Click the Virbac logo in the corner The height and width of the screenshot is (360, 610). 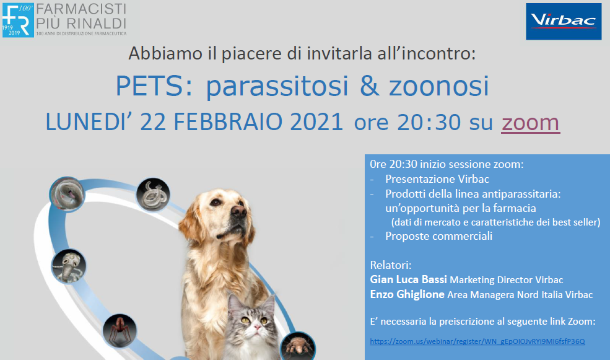(564, 22)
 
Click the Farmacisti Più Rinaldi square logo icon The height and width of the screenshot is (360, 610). (18, 20)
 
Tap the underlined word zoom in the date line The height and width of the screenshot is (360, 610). (530, 122)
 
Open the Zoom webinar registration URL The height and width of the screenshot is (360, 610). (477, 341)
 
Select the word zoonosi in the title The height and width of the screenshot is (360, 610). (439, 86)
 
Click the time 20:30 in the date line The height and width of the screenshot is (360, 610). (429, 122)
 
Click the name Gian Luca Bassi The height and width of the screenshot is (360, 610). (409, 279)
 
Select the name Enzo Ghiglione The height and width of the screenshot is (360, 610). (407, 294)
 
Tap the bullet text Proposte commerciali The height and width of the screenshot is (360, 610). (439, 236)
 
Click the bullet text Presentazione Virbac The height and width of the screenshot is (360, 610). (437, 179)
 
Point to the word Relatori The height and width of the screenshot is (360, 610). (391, 265)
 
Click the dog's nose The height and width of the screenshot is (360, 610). (238, 211)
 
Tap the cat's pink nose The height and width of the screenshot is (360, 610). (255, 328)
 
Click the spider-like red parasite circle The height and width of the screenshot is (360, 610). (120, 330)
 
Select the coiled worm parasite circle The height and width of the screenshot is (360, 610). (153, 195)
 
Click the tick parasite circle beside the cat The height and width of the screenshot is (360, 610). (298, 346)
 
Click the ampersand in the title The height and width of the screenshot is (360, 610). (369, 86)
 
